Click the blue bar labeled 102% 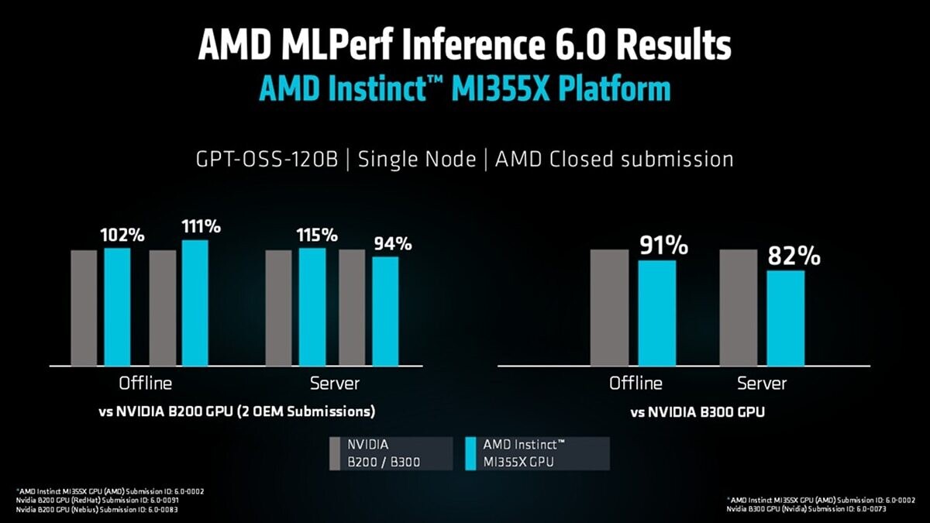click(118, 307)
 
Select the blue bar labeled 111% click(195, 303)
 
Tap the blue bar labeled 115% click(312, 307)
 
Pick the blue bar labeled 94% click(385, 311)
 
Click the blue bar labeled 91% click(657, 313)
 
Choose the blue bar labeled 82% click(786, 318)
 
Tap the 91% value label click(663, 246)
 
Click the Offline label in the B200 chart click(146, 384)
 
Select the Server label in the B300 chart click(762, 384)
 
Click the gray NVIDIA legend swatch click(335, 453)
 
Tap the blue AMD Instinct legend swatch click(470, 453)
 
